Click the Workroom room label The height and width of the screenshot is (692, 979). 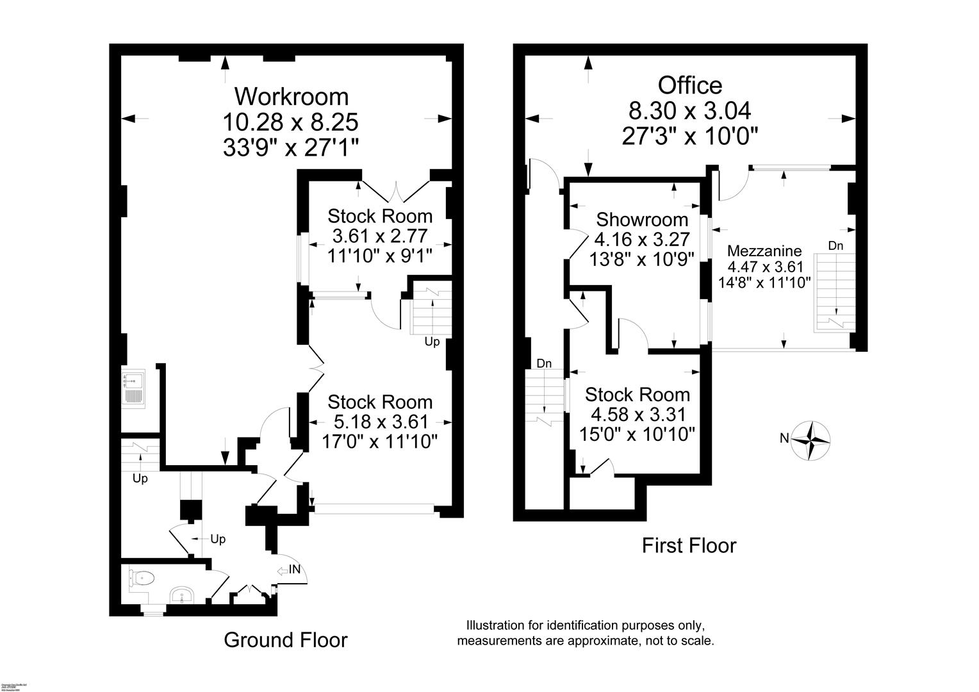292,97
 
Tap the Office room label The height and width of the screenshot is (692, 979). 690,85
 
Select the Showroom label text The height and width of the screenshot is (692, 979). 642,220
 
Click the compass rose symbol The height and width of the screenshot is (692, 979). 812,440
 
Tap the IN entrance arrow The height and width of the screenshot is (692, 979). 288,569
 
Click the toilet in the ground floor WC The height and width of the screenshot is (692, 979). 142,578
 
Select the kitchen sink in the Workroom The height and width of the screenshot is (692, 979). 133,388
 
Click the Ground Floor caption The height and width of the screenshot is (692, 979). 285,640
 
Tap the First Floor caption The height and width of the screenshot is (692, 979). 689,546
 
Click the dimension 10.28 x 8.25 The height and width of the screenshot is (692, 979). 290,122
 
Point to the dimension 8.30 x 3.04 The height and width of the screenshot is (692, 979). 690,111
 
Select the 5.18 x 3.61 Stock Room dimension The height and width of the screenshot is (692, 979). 380,422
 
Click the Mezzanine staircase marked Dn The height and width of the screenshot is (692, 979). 834,292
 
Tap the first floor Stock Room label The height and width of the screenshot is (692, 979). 638,395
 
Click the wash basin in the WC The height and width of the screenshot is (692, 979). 182,597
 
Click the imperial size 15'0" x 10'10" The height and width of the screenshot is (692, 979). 638,434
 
